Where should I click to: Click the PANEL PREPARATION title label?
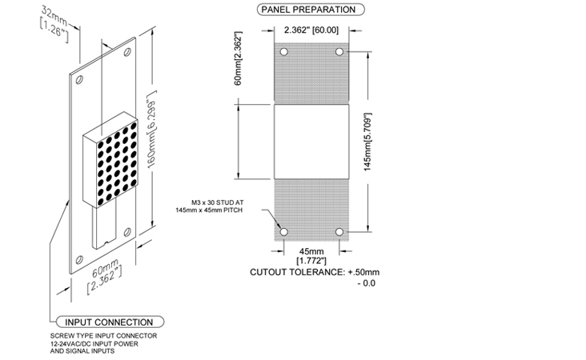click(311, 10)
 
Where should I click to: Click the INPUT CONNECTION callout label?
click(110, 322)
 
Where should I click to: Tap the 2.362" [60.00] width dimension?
click(311, 30)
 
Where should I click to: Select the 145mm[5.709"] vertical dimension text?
click(367, 142)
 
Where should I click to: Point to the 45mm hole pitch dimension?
click(311, 251)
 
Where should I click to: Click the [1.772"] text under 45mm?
click(311, 260)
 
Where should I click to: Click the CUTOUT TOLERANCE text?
click(315, 272)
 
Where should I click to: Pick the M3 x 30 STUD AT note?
click(218, 202)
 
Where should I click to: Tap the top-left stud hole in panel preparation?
click(284, 51)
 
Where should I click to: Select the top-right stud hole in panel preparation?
click(339, 51)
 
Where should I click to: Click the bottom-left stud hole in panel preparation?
click(284, 232)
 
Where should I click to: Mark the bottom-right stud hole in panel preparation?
click(339, 232)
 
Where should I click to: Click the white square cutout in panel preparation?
click(311, 142)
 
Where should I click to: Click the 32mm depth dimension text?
click(54, 16)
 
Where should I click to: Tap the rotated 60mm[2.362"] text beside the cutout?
click(239, 58)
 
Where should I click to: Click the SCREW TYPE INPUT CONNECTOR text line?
click(104, 336)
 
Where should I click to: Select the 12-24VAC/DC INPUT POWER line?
click(94, 343)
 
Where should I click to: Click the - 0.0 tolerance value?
click(367, 283)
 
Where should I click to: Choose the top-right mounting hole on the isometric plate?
click(127, 52)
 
